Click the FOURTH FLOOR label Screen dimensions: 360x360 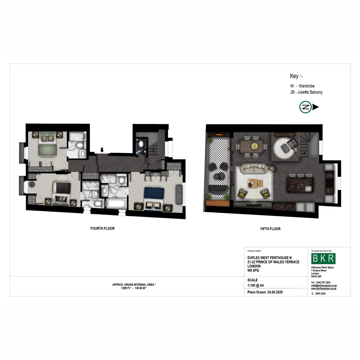pyautogui.click(x=102, y=228)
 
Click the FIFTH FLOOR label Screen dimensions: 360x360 pyautogui.click(x=270, y=229)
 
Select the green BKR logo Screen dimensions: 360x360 pyautogui.click(x=323, y=259)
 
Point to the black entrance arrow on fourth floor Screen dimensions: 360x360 pyautogui.click(x=102, y=150)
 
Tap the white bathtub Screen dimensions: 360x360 pyautogui.click(x=116, y=204)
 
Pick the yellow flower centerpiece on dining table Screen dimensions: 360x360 pyautogui.click(x=254, y=146)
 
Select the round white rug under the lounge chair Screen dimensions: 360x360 pyautogui.click(x=284, y=148)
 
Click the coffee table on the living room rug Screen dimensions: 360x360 pyautogui.click(x=255, y=183)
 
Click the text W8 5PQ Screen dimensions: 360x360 pyautogui.click(x=253, y=270)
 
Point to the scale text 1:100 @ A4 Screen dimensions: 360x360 pyautogui.click(x=255, y=285)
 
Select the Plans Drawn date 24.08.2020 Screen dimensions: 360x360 pyautogui.click(x=275, y=292)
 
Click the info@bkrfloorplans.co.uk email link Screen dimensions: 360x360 pyautogui.click(x=324, y=286)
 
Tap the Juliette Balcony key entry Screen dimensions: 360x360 pyautogui.click(x=306, y=92)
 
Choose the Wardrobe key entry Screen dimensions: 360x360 pyautogui.click(x=302, y=86)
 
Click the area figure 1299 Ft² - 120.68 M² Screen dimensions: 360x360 pyautogui.click(x=134, y=288)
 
